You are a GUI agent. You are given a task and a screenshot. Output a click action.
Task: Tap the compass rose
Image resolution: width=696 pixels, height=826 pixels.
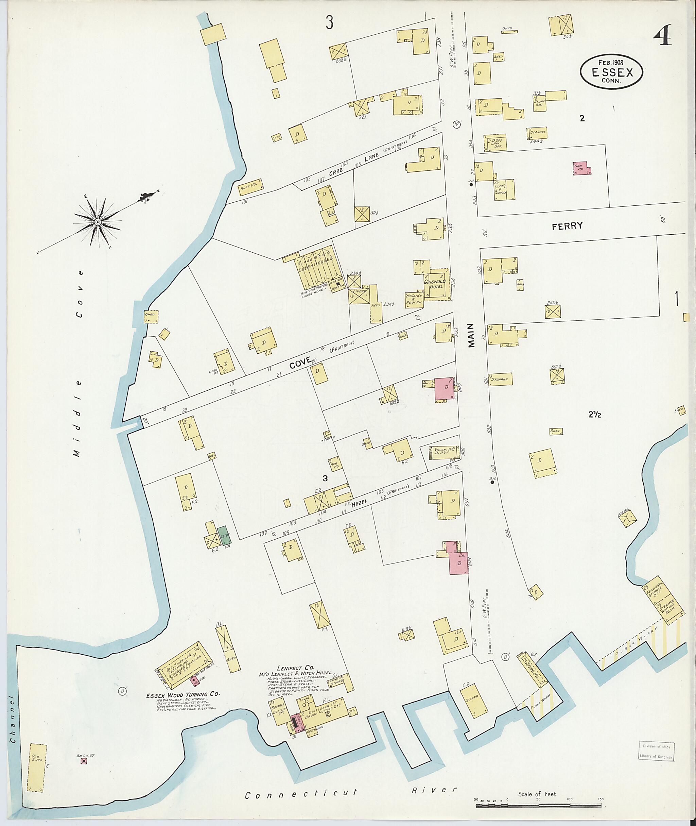point(98,223)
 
